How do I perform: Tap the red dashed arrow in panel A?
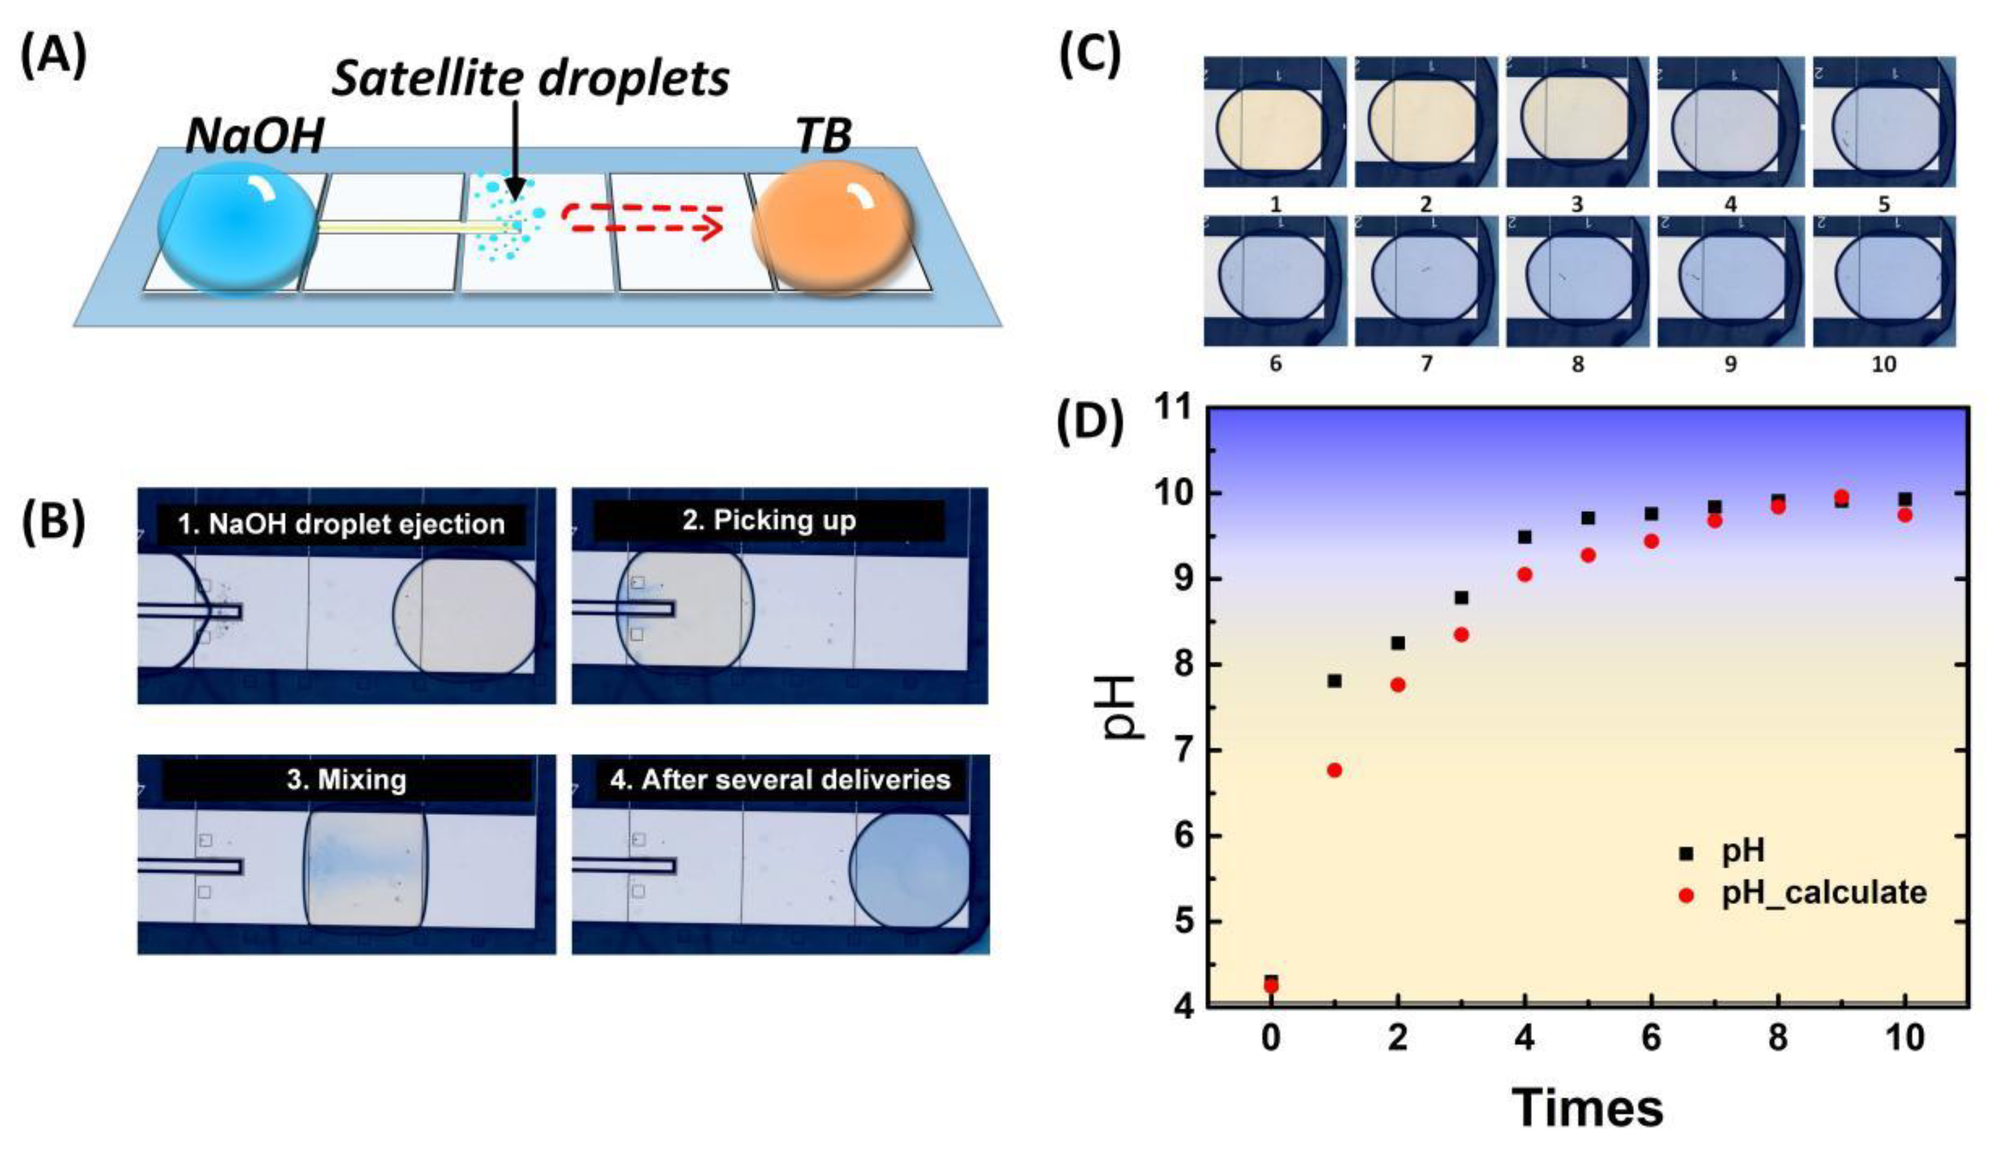(x=643, y=220)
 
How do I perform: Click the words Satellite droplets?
(x=529, y=78)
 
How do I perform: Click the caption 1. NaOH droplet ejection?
(x=341, y=524)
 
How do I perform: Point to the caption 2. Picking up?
(x=769, y=521)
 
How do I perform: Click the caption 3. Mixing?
(x=347, y=779)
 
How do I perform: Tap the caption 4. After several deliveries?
(x=779, y=779)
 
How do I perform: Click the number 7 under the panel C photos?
(x=1426, y=364)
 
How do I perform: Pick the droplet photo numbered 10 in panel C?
(x=1883, y=281)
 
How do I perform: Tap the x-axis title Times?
(x=1588, y=1108)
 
